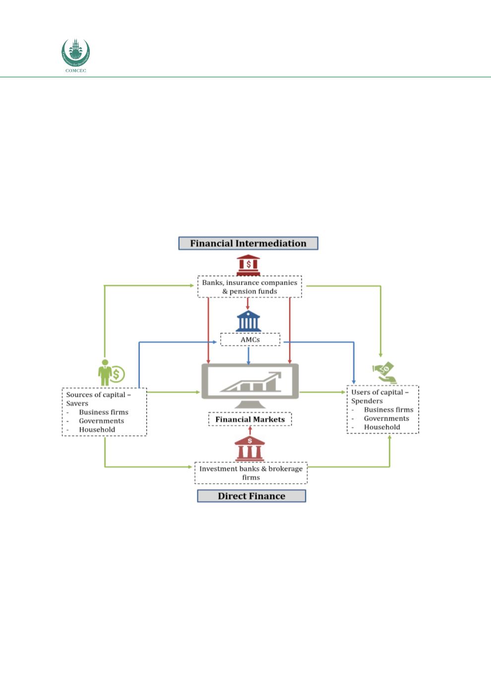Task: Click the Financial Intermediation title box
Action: [248, 243]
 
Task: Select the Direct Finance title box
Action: [251, 496]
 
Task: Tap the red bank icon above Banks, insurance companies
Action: [248, 265]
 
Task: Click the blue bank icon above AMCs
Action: [248, 321]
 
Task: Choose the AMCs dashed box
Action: [250, 340]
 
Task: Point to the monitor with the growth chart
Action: [250, 382]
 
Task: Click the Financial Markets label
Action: [250, 419]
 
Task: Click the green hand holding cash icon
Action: [384, 373]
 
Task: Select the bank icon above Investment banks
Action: [249, 449]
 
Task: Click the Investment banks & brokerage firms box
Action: [250, 473]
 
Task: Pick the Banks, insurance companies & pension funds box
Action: [249, 287]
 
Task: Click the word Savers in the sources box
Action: [77, 403]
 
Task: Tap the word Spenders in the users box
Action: [367, 401]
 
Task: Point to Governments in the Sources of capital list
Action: [101, 421]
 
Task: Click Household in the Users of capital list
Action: [381, 427]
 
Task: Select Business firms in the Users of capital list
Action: [388, 410]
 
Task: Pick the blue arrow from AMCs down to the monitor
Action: [248, 355]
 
